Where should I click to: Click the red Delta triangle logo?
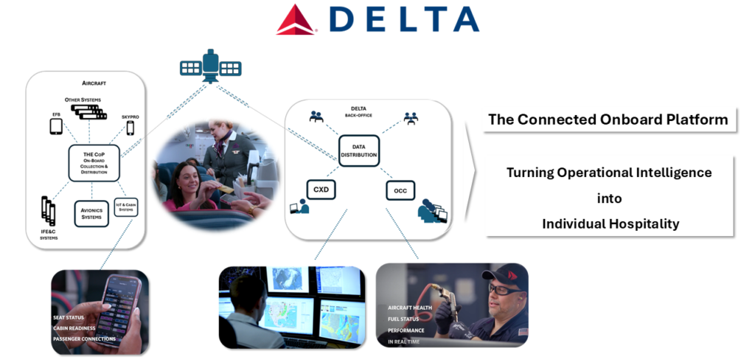296,20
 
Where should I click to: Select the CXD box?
321,190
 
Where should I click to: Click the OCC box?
400,191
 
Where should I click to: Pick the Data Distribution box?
359,150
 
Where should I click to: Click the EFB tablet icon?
57,126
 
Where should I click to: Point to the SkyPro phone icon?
131,128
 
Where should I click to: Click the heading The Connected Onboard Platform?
608,120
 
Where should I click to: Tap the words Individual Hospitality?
610,224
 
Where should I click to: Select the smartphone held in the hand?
120,306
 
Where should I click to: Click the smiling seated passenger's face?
182,176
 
